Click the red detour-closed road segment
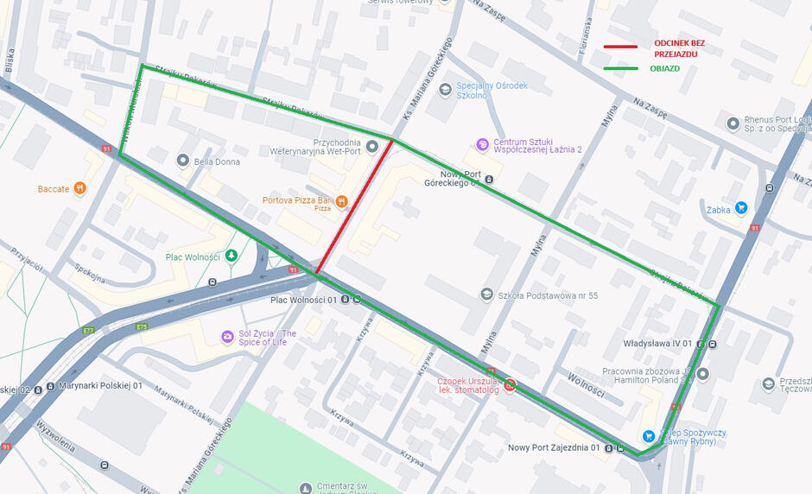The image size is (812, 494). click(355, 207)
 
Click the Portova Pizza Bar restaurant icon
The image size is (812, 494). click(342, 201)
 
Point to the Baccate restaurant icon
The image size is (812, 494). click(80, 188)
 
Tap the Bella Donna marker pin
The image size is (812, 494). click(182, 161)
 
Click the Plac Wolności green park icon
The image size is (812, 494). click(231, 256)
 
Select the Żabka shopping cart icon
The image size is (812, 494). click(741, 208)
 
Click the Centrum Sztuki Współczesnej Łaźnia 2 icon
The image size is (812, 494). click(482, 143)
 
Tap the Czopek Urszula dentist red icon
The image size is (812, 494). click(511, 385)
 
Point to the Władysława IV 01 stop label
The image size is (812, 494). click(659, 343)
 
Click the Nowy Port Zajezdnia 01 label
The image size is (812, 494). click(553, 447)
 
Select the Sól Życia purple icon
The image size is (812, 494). click(226, 337)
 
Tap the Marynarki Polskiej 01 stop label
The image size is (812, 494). click(100, 386)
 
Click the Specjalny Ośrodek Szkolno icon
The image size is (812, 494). click(444, 89)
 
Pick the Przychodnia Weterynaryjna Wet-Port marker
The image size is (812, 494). click(372, 148)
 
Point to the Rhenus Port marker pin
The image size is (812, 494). click(733, 123)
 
